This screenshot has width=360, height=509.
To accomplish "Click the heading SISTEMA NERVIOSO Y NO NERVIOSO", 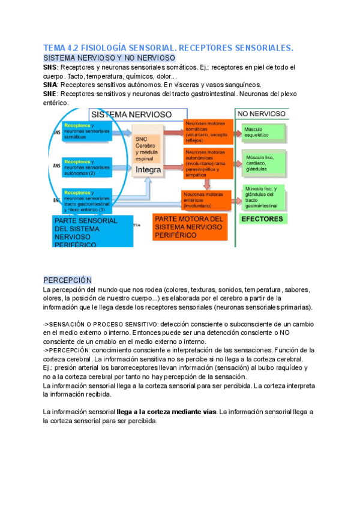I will point(109,58).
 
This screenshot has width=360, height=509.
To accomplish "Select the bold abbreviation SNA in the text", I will point(50,85).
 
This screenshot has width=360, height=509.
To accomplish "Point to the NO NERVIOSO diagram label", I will point(262,113).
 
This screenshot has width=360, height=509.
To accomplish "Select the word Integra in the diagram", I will point(148,170).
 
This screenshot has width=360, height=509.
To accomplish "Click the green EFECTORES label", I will point(262,219).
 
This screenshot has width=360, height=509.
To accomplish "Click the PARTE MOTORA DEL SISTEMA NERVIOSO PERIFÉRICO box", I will point(188,227).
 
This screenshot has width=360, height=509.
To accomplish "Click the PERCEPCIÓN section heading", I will point(67,280).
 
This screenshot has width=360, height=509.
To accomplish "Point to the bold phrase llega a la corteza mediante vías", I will point(167,412).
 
